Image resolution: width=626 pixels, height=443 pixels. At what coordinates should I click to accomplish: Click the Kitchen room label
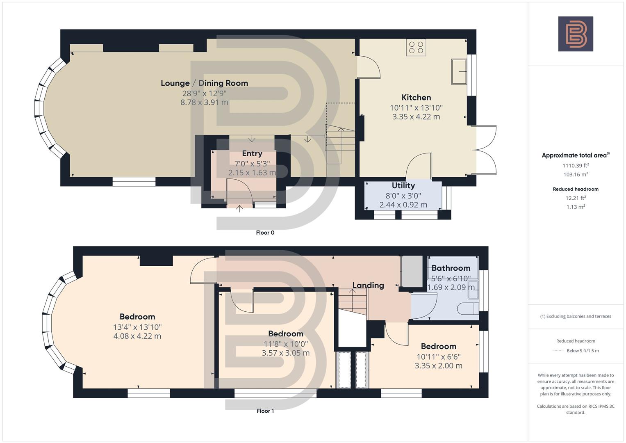[416, 98]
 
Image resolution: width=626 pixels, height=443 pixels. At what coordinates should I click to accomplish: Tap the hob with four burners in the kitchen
[416, 48]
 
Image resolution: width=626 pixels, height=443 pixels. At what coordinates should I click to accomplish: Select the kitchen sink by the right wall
[459, 72]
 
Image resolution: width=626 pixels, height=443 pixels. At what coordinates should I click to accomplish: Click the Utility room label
[403, 186]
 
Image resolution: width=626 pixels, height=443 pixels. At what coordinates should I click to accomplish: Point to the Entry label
[252, 153]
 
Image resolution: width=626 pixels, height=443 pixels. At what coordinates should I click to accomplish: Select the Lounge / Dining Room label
[204, 83]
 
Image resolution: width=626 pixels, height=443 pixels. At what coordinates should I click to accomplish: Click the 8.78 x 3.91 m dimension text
[204, 103]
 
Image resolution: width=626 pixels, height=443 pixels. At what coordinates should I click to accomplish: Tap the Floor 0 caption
[265, 233]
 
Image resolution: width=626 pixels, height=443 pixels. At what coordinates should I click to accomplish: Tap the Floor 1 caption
[265, 411]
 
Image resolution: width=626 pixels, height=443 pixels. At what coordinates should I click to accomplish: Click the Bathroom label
[451, 268]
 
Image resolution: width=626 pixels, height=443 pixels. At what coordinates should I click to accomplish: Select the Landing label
[368, 285]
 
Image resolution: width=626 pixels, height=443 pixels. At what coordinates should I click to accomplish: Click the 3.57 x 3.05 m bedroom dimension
[286, 353]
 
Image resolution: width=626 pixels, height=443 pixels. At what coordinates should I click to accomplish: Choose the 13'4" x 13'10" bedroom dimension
[137, 327]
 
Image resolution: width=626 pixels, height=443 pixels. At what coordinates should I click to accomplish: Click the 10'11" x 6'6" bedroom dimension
[438, 357]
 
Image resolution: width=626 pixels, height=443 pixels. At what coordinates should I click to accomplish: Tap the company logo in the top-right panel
[576, 34]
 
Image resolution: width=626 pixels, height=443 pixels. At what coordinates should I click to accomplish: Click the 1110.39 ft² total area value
[576, 166]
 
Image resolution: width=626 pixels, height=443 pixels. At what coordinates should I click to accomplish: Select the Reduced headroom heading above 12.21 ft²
[576, 189]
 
